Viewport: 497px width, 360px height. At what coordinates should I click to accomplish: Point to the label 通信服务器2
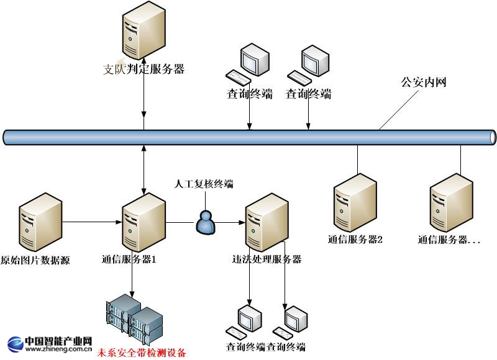tap(355, 239)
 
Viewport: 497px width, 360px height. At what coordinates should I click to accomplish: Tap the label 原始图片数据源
tap(35, 260)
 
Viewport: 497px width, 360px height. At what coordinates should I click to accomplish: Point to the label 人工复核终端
tap(204, 184)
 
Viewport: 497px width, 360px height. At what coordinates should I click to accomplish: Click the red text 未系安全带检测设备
tap(141, 353)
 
